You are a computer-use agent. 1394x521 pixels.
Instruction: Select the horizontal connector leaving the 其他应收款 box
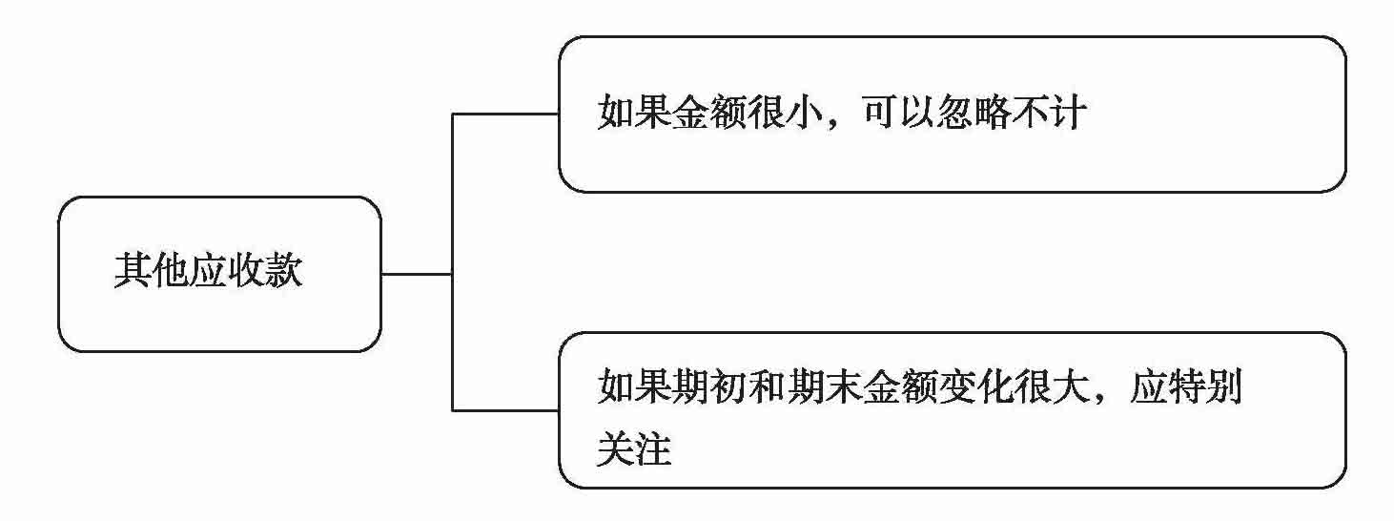pyautogui.click(x=416, y=274)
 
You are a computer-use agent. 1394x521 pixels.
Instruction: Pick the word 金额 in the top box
pyautogui.click(x=710, y=115)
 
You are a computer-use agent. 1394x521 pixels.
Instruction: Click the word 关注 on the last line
pyautogui.click(x=634, y=448)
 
